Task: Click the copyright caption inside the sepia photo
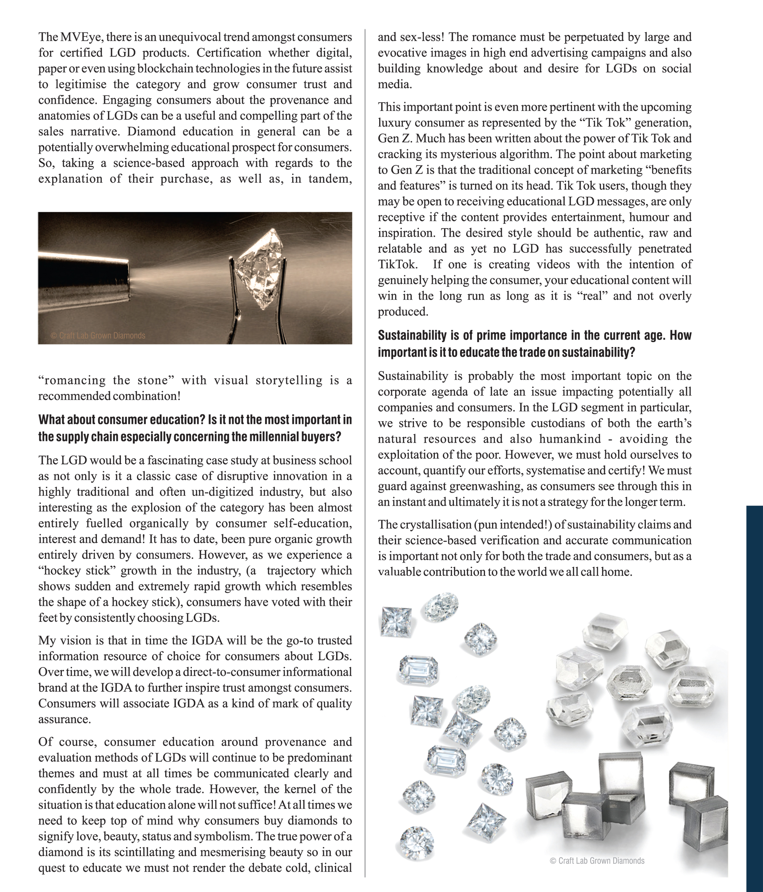98,335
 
